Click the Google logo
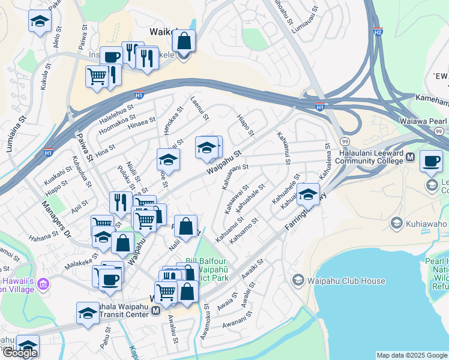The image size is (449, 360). click(x=20, y=353)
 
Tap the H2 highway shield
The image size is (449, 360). click(x=378, y=31)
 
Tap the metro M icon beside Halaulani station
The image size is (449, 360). click(x=411, y=157)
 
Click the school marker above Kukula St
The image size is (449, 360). click(x=40, y=21)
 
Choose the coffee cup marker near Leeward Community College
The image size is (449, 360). click(x=431, y=160)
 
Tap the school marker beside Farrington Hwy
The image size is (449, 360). click(x=309, y=194)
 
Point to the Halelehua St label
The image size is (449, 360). click(x=116, y=110)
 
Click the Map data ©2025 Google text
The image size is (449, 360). click(x=412, y=355)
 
